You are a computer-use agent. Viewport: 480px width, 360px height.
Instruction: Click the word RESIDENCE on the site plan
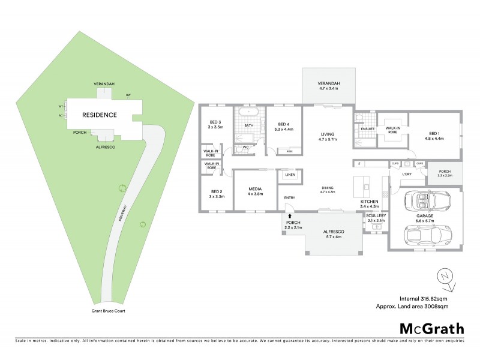tap(99, 114)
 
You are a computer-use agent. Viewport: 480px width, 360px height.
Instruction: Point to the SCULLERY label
tap(376, 217)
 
